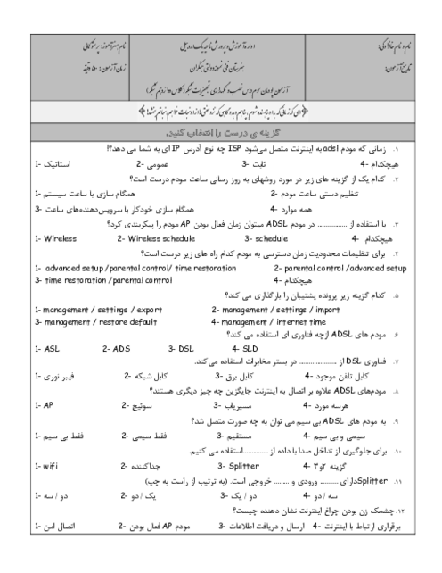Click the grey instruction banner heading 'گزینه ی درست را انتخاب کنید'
click(220, 134)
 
